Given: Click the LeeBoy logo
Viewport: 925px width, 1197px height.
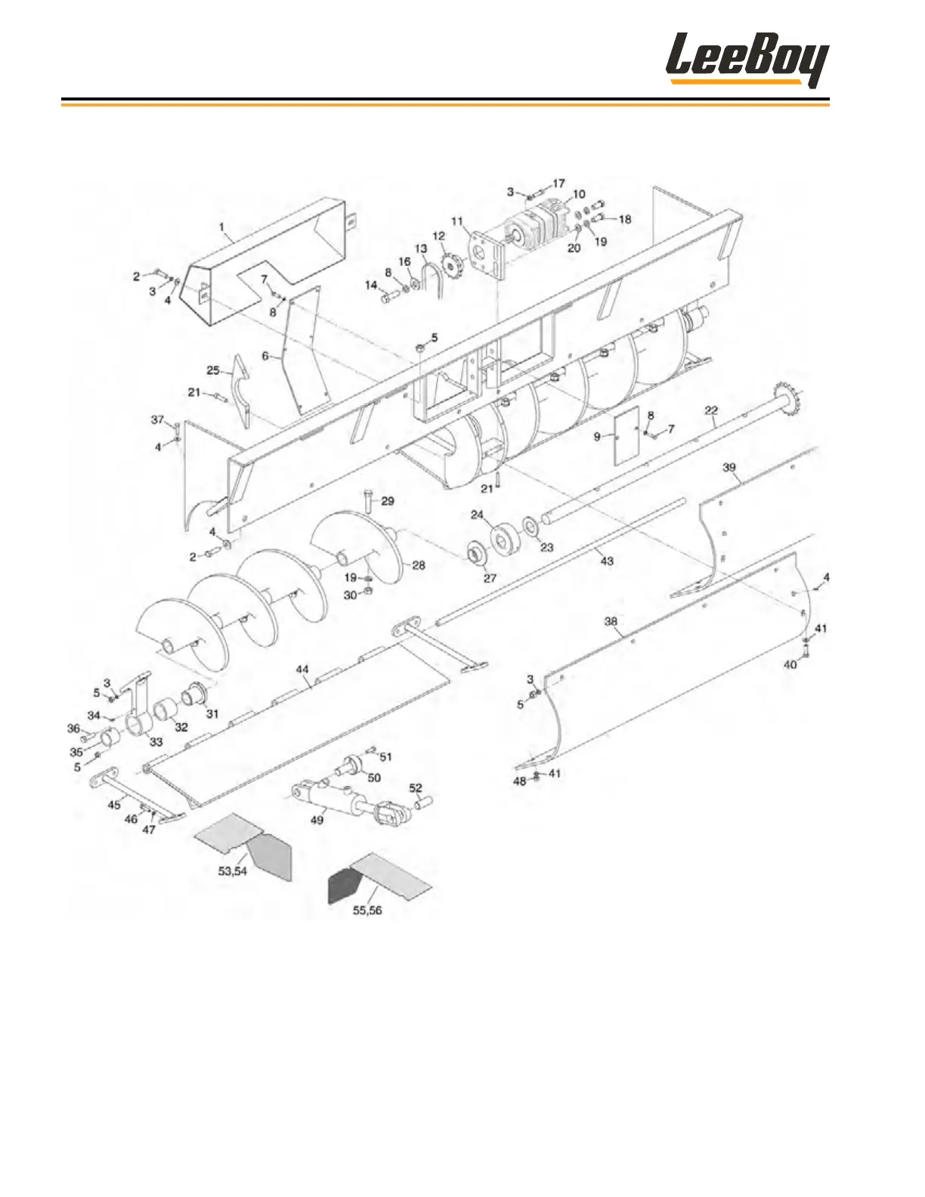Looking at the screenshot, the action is click(747, 60).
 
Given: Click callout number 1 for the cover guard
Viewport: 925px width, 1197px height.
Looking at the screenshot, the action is click(221, 227).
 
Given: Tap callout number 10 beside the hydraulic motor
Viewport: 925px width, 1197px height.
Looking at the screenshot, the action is click(579, 195).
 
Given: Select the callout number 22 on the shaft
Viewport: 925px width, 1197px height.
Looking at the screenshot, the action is click(711, 410).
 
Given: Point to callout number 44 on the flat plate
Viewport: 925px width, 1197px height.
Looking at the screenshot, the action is click(303, 670).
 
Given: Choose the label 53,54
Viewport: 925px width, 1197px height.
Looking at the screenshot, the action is click(233, 871).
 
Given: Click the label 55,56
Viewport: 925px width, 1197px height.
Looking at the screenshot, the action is click(367, 910).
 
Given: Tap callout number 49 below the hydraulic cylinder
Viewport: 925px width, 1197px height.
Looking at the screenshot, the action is click(317, 819).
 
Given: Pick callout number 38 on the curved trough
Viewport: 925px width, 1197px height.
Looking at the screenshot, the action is click(611, 621).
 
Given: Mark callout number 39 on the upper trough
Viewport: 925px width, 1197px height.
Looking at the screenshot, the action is click(729, 468).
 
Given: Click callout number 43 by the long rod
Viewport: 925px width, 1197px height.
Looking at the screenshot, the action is click(607, 561).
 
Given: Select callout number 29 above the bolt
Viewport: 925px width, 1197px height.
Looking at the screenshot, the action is click(388, 501).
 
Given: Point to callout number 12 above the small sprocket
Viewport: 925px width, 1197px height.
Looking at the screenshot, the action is click(438, 237).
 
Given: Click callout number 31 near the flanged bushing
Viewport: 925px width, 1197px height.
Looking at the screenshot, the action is click(212, 713).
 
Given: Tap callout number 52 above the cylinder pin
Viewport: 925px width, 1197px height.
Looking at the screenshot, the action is click(416, 787).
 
